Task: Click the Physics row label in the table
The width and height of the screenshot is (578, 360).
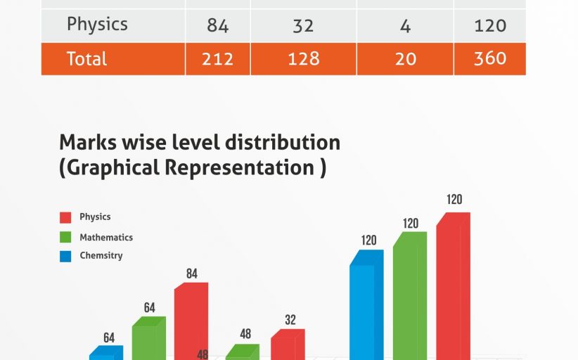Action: (97, 25)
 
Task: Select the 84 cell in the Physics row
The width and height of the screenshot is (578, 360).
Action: (217, 26)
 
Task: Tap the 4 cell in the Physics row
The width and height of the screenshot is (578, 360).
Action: (405, 26)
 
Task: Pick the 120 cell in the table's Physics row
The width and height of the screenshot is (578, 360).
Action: (489, 26)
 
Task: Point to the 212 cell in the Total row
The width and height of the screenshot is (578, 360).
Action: (217, 59)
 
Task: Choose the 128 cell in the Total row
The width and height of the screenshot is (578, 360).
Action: (303, 59)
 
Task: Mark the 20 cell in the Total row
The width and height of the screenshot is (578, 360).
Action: (405, 59)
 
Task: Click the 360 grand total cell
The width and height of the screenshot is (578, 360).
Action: (489, 59)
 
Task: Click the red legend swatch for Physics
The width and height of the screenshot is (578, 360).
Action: (65, 217)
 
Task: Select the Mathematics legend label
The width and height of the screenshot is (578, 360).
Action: (106, 238)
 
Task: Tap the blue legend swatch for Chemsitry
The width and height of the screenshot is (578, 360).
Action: (65, 256)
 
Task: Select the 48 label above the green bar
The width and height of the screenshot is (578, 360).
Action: (245, 334)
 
